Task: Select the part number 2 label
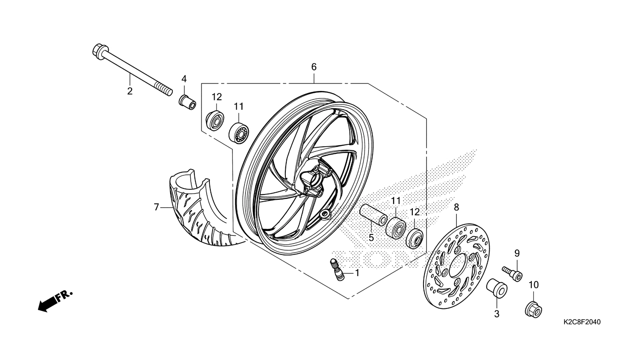point(130,91)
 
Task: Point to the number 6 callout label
point(314,67)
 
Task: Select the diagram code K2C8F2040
point(582,322)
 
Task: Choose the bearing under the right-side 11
point(396,228)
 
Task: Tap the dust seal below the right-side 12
point(415,238)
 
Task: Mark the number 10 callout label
point(534,285)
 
